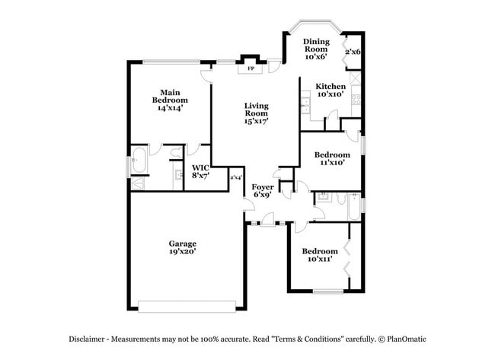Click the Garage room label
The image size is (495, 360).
(182, 244)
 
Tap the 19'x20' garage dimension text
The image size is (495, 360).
(182, 251)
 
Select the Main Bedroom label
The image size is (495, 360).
(170, 96)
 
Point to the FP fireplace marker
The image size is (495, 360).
(250, 68)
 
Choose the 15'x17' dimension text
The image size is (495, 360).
(256, 121)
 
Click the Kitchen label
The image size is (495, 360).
(331, 86)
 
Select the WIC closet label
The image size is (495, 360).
(200, 167)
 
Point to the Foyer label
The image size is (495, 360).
(263, 186)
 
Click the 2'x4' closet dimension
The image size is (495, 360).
(236, 177)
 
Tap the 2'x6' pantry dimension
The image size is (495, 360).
(353, 52)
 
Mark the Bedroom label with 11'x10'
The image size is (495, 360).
(332, 155)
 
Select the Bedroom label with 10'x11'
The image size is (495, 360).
(319, 251)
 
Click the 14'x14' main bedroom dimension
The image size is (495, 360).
(170, 108)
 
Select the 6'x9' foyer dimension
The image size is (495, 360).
(263, 195)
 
